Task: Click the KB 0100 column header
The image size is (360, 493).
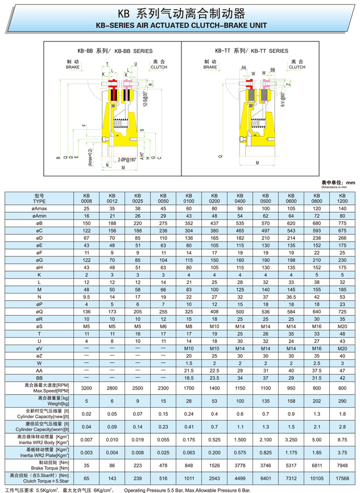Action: coord(188,198)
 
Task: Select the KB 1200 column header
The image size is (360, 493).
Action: coord(342,198)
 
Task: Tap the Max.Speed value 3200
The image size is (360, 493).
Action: coord(86,388)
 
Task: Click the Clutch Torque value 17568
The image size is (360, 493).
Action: coord(342,477)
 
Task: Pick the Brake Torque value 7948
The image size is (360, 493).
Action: coord(342,465)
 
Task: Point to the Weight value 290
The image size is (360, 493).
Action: coord(342,401)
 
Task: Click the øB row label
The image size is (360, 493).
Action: coord(39,223)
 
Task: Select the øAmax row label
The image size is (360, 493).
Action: coord(39,209)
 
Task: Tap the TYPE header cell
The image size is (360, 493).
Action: coord(39,198)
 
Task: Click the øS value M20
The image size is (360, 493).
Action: coord(342,326)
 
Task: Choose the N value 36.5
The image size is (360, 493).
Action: coord(291,297)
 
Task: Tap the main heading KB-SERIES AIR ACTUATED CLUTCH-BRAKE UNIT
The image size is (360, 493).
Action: coord(180,26)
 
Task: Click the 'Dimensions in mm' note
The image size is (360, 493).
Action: coord(338,187)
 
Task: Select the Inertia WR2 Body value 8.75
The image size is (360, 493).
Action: coord(342,439)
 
